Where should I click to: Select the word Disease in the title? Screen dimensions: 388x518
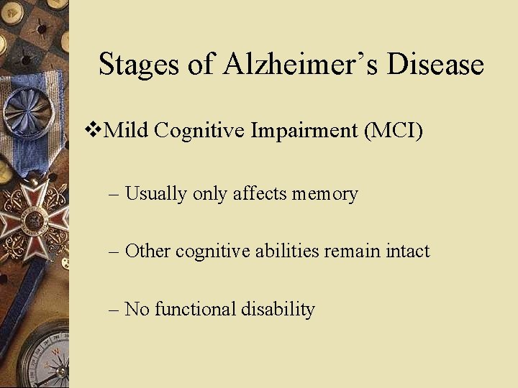coord(435,64)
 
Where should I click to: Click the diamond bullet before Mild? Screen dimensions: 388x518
coord(91,130)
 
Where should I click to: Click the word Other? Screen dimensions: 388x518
coord(147,251)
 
